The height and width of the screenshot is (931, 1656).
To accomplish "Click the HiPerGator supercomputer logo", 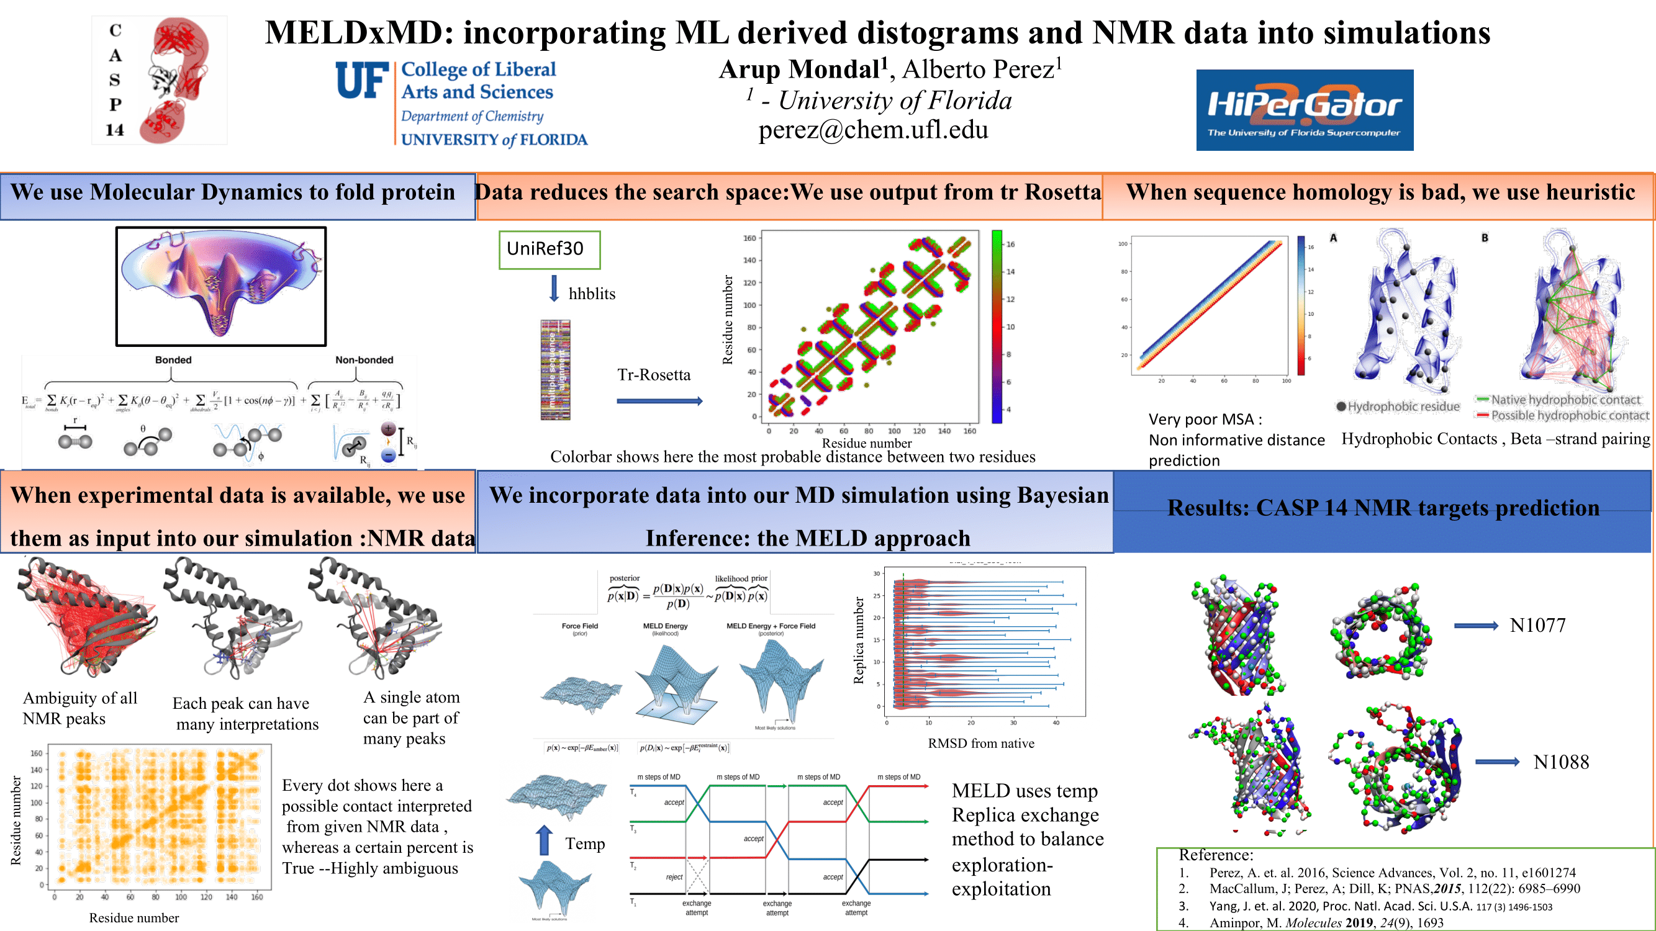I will (x=1304, y=110).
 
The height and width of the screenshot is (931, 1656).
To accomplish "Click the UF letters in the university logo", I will (x=362, y=81).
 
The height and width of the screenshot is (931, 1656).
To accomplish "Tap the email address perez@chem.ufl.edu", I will (x=872, y=130).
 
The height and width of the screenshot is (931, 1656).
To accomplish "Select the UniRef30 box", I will (x=549, y=250).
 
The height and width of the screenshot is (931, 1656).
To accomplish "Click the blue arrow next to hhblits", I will (x=553, y=289).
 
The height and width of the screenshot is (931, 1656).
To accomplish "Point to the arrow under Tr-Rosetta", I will (x=659, y=401).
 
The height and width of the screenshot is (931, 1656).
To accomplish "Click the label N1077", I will (x=1537, y=625).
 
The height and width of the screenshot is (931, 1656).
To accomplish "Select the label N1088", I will (x=1560, y=762).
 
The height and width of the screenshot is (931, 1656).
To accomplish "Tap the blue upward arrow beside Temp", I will (x=544, y=840).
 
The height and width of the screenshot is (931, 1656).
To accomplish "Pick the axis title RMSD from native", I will (x=980, y=744).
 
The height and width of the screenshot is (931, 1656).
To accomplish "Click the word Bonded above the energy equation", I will (x=173, y=360).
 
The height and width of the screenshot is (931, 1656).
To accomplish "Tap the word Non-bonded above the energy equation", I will (x=364, y=360).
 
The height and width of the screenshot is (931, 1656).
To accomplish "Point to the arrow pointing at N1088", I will (x=1496, y=762).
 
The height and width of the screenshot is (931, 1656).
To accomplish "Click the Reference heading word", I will (x=1216, y=855).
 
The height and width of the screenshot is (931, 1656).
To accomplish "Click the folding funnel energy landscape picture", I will (x=220, y=286).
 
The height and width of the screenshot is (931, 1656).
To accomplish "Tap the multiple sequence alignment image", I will (x=554, y=370).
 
